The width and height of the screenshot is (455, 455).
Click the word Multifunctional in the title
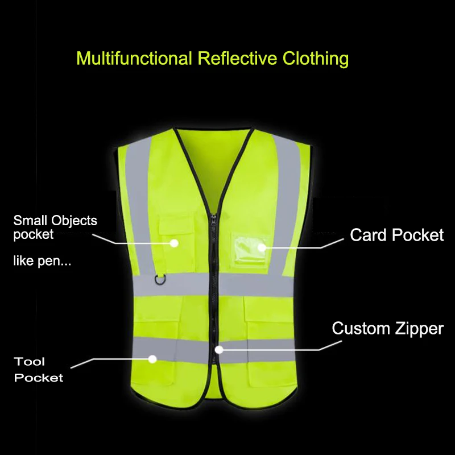point(134,59)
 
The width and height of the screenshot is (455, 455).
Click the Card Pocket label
point(396,235)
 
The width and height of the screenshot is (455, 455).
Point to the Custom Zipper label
point(387,328)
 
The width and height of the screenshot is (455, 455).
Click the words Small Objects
point(55,221)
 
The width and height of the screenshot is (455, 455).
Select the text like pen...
point(42,262)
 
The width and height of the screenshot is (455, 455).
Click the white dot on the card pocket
point(261,247)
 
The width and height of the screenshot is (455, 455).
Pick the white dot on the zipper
point(218,350)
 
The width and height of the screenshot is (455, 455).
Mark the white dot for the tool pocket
point(152,358)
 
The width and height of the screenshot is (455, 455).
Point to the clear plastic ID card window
point(249,246)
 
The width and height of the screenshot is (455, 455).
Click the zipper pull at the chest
point(214,219)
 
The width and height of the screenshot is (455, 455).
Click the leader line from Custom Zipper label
point(284,349)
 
